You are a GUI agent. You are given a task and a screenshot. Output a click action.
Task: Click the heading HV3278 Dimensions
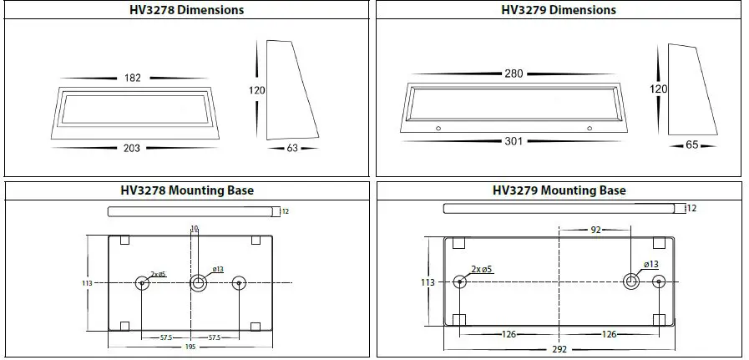(187, 10)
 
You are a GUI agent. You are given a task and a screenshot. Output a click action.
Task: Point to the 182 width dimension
(133, 78)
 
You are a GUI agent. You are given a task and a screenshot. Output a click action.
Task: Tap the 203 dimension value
(131, 148)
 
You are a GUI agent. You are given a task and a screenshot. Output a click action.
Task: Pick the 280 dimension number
(513, 74)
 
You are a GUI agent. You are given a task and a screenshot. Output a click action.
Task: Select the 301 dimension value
(513, 141)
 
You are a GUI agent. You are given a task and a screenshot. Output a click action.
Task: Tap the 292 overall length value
(559, 349)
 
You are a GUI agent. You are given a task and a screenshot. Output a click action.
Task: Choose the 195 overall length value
(191, 345)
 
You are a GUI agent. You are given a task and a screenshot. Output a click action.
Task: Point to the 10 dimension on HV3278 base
(195, 228)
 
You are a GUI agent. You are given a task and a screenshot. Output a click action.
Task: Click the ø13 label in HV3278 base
(217, 269)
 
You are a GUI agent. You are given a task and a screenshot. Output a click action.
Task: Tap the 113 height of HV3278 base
(86, 283)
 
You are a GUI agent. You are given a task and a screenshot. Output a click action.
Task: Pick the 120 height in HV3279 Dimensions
(658, 89)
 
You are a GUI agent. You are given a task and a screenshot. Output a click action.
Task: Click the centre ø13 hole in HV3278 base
(199, 283)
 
